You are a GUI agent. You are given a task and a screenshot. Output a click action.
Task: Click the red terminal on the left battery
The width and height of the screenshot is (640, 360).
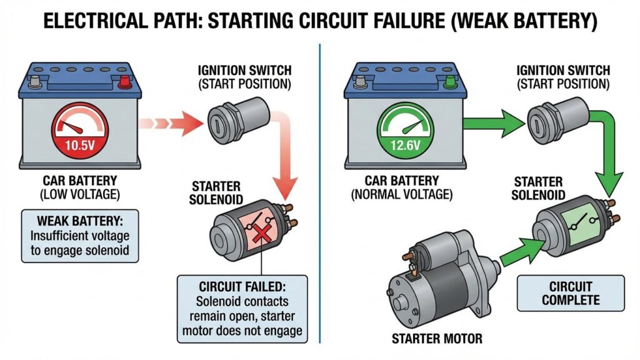(126, 81)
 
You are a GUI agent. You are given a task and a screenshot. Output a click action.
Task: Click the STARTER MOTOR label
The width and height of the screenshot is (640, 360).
(437, 339)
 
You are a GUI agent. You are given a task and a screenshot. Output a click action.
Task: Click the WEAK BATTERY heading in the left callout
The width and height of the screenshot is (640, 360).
(81, 222)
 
